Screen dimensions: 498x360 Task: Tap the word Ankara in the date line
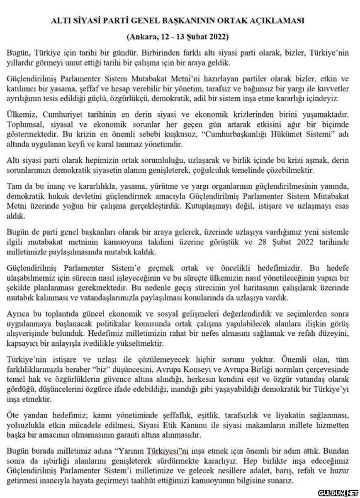(x=142, y=37)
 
